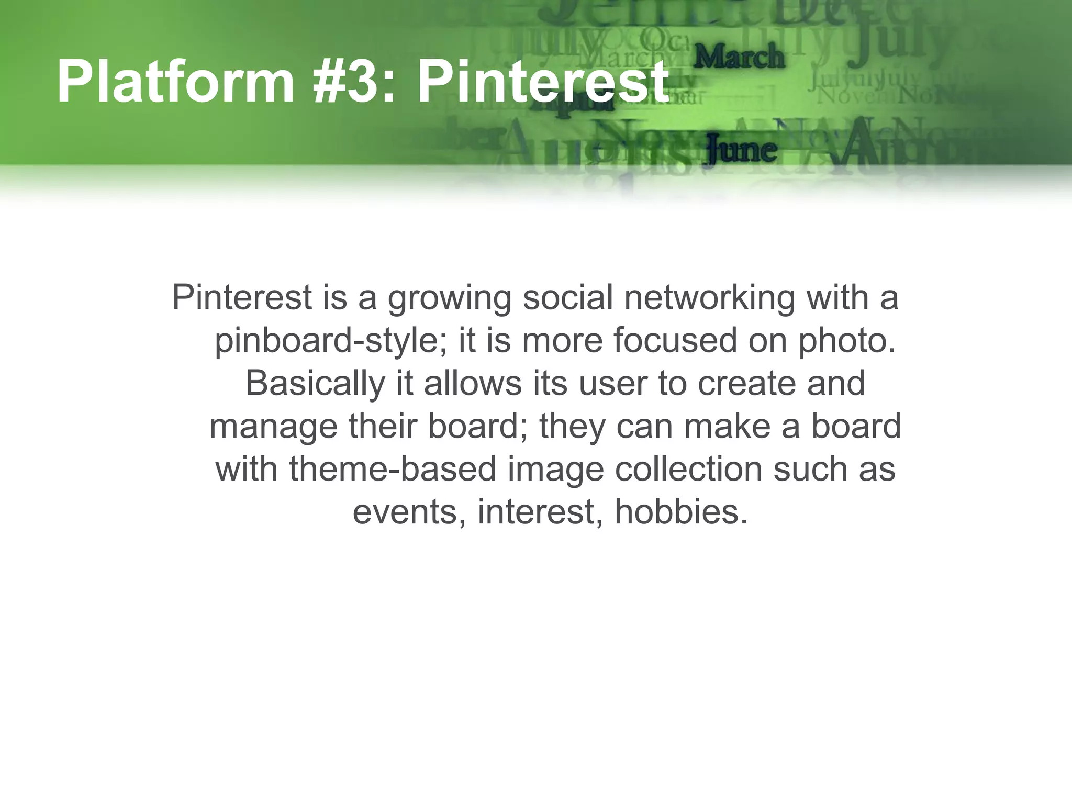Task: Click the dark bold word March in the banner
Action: pos(739,57)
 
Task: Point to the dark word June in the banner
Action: pos(741,150)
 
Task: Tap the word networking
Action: pos(709,298)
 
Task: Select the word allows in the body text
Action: pos(473,383)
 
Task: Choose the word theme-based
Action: pos(393,469)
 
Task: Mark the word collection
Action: pos(688,469)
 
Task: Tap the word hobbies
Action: pos(680,512)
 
